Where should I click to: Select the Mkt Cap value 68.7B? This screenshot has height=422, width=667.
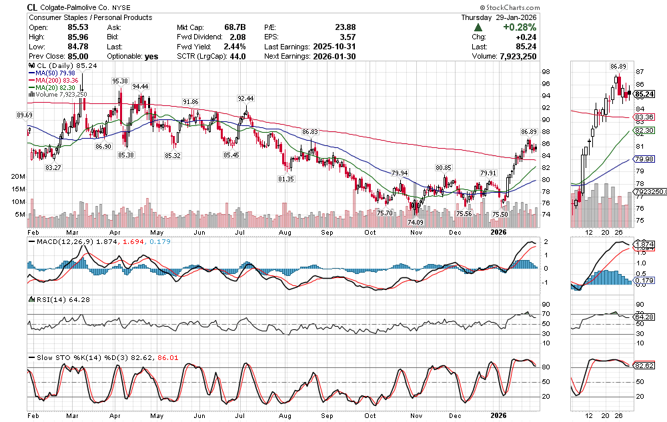tap(234, 27)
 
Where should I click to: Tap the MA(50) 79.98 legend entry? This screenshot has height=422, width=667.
tap(57, 73)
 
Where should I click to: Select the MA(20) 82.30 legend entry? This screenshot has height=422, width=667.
tap(57, 87)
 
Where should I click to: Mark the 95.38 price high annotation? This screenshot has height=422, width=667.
tap(120, 81)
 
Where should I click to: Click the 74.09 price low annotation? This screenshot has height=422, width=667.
tap(416, 221)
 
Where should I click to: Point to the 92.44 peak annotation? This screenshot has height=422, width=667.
tap(246, 98)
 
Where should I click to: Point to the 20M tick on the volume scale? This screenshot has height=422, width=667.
tap(18, 177)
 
